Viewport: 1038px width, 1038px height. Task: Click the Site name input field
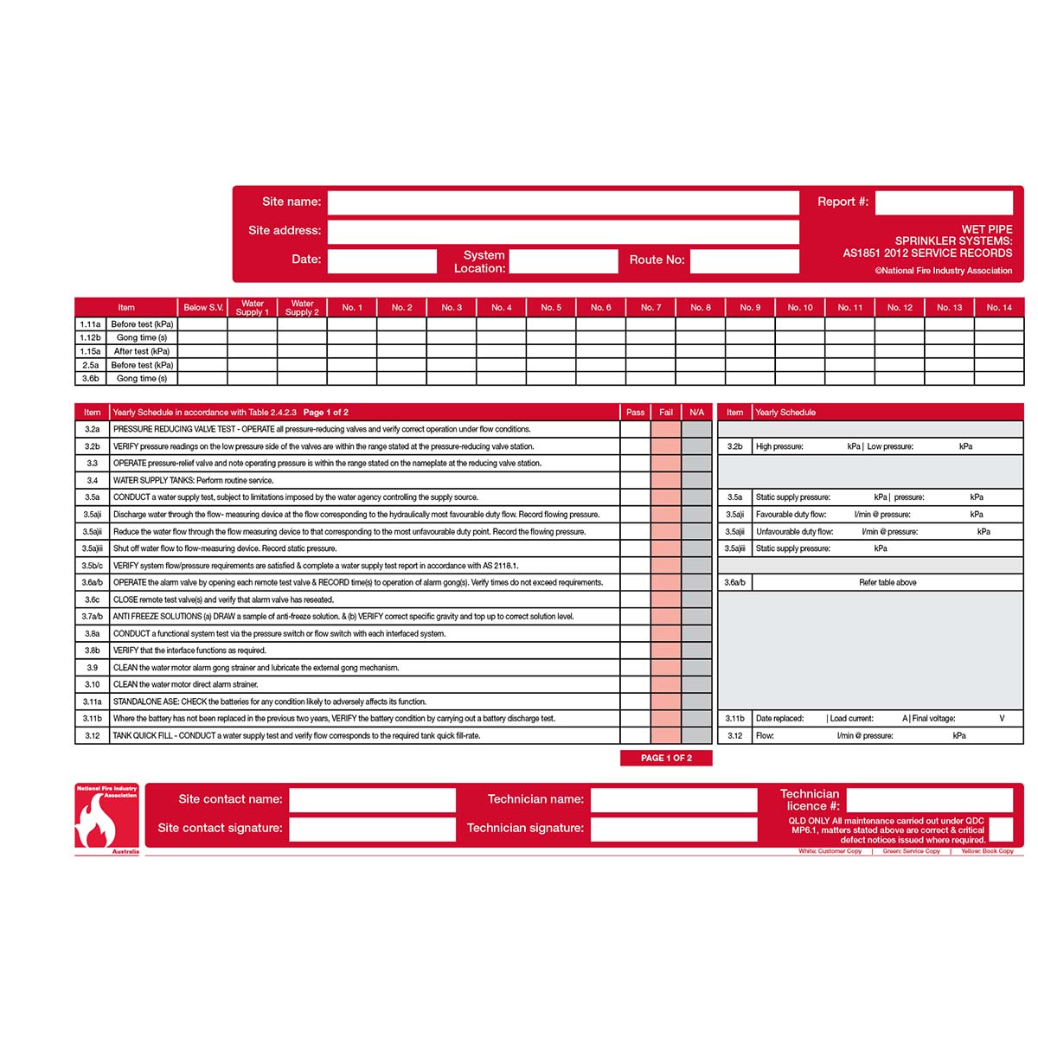[563, 202]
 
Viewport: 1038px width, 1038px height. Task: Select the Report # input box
[944, 202]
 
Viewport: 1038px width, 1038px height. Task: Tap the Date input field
[382, 260]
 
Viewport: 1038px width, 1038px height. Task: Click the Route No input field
[744, 260]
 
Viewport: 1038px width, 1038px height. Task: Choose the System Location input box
[563, 260]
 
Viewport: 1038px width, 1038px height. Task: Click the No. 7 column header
[650, 307]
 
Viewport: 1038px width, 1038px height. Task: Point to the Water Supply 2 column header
[302, 307]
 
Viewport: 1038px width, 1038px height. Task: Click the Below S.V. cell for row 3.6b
[202, 378]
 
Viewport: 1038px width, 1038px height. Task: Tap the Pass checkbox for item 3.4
[635, 480]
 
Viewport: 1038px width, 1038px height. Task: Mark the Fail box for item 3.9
[666, 668]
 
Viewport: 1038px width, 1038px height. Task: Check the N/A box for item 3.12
[697, 735]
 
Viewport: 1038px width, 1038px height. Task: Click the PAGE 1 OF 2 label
[666, 758]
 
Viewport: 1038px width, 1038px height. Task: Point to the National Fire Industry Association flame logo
[106, 818]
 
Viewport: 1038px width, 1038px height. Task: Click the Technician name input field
[686, 799]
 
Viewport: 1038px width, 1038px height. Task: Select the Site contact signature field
[372, 829]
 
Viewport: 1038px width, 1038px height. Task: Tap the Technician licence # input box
[929, 799]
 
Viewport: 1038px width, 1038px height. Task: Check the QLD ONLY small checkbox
[1000, 829]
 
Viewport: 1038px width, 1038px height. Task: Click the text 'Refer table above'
[887, 582]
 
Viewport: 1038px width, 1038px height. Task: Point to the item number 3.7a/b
[93, 617]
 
